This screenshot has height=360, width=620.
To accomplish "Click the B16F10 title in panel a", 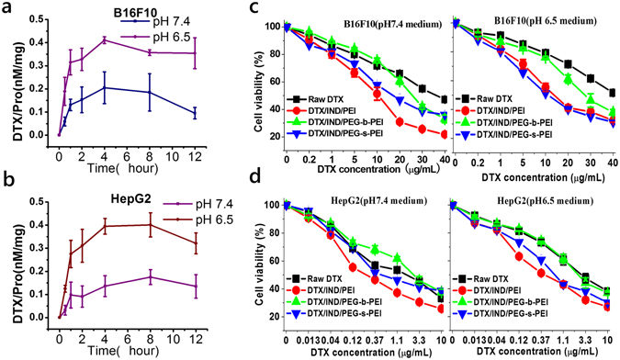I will (117, 14).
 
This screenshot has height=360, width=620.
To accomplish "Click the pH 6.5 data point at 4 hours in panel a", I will (106, 39).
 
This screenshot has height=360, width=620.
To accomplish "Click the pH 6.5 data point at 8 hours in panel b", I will (151, 224).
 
